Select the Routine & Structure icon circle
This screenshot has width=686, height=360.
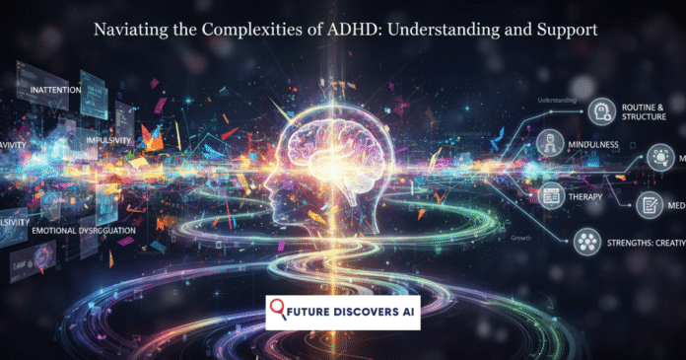tap(600, 111)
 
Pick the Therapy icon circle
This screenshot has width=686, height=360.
tap(552, 197)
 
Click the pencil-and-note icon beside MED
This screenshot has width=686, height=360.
tap(651, 204)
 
